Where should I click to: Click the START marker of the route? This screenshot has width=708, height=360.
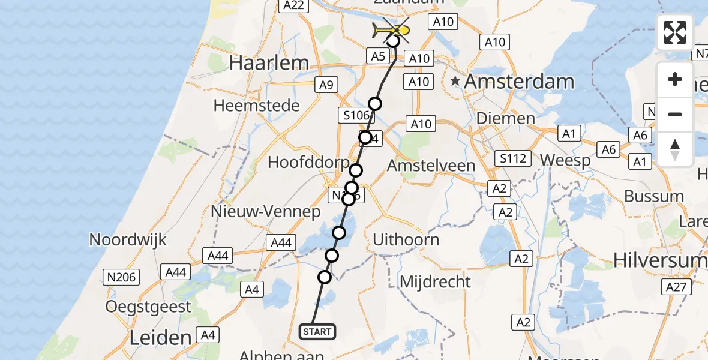point(317,331)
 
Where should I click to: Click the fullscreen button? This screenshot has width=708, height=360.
point(675,32)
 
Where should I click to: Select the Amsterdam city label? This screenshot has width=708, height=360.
point(519,81)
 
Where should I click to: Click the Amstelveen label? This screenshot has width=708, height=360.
point(431,165)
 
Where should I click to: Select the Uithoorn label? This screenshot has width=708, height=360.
point(406,239)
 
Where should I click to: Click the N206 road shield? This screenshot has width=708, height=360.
point(122,277)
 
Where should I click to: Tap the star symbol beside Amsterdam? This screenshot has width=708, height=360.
point(456,80)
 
